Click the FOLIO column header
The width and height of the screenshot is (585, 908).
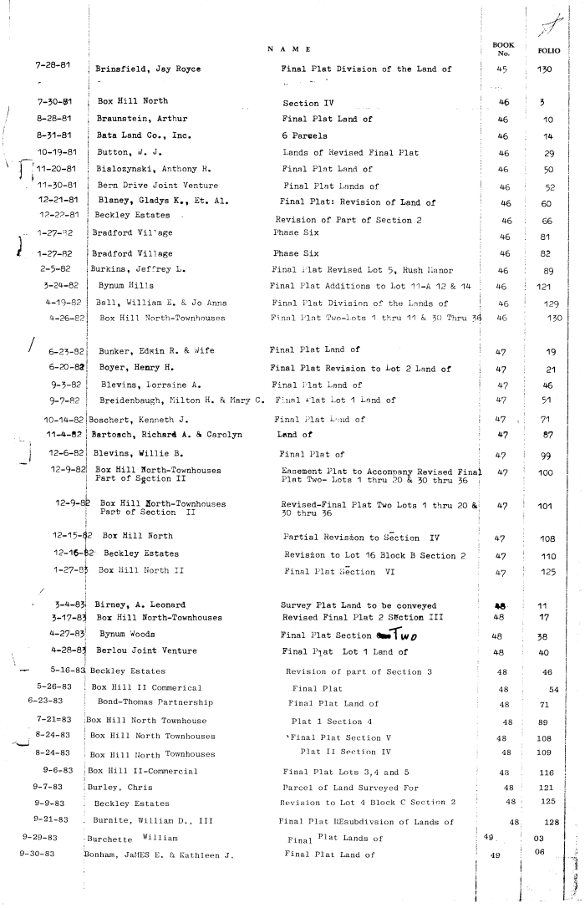tap(549, 50)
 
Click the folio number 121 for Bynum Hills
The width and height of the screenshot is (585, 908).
tap(549, 286)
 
